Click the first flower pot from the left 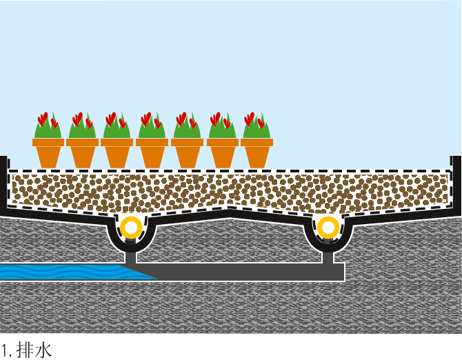click(x=48, y=152)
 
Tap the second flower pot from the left click(x=83, y=152)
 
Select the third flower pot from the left click(x=117, y=152)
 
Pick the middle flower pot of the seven click(x=152, y=152)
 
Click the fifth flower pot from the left click(x=188, y=152)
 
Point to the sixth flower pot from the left click(x=223, y=152)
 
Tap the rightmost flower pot click(x=257, y=152)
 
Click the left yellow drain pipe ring click(x=130, y=226)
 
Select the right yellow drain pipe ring click(x=328, y=226)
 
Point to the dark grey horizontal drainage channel click(x=241, y=272)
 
